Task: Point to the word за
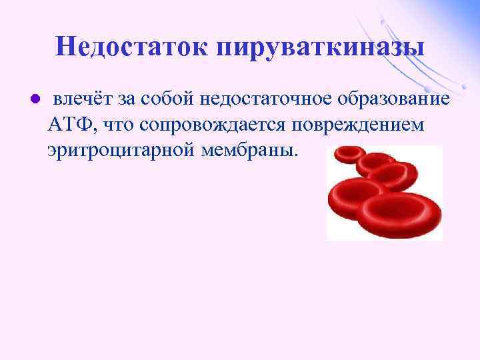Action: point(126,99)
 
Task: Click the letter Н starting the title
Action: point(65,47)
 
